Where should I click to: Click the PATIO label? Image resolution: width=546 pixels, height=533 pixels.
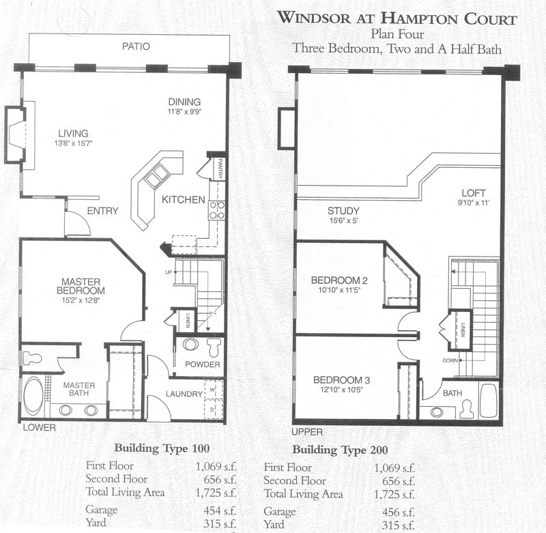tap(136, 47)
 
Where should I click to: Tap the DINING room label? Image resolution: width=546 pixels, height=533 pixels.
tap(186, 102)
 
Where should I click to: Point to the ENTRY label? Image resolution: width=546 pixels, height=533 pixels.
tap(103, 211)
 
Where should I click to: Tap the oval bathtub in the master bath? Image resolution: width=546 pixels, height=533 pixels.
tap(33, 397)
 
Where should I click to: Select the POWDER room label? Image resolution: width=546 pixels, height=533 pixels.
tap(203, 364)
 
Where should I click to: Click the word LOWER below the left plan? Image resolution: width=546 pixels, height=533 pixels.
tap(39, 428)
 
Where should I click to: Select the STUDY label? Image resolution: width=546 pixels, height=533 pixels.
tap(343, 211)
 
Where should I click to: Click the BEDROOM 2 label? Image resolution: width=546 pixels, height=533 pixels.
tap(339, 280)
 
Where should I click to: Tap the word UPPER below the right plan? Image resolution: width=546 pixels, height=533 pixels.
tap(306, 432)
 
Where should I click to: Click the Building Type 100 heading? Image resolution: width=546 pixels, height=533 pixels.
tap(161, 449)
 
